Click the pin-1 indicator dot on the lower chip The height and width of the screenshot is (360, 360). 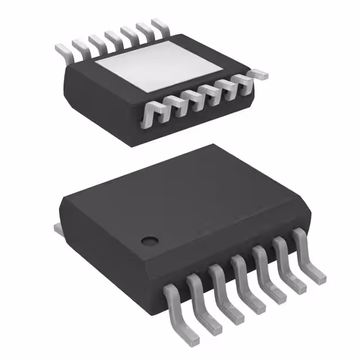pos(149,241)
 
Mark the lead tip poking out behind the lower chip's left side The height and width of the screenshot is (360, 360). pos(58,228)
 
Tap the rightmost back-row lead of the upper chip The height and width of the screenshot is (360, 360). pos(160,25)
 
